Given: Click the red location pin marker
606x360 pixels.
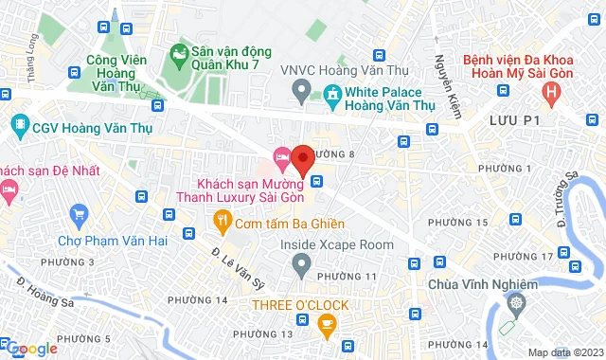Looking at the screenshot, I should pyautogui.click(x=302, y=159).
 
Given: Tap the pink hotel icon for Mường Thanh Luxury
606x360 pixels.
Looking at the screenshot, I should pyautogui.click(x=281, y=155).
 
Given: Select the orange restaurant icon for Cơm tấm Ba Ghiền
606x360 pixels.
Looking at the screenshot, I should pyautogui.click(x=222, y=224).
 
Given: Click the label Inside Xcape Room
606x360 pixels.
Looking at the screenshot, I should pyautogui.click(x=336, y=244).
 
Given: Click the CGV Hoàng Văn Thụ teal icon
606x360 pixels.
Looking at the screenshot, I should pyautogui.click(x=20, y=123).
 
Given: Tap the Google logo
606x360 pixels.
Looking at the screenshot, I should pyautogui.click(x=30, y=348).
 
